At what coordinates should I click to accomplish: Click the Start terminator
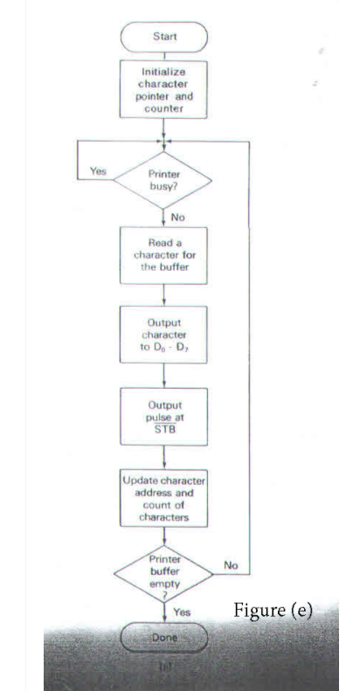[163, 38]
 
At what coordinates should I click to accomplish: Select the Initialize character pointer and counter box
[163, 87]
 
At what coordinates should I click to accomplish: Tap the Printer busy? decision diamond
[163, 179]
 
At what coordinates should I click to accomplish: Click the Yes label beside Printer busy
[98, 172]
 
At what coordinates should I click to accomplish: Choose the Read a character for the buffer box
[163, 254]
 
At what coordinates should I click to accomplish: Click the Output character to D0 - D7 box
[163, 333]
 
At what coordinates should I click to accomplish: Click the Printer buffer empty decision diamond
[163, 572]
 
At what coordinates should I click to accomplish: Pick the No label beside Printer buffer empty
[231, 566]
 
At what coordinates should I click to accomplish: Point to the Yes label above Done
[182, 612]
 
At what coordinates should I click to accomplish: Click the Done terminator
[163, 637]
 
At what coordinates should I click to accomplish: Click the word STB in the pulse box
[163, 428]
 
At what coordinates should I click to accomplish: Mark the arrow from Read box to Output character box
[163, 294]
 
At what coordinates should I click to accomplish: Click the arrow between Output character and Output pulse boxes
[163, 373]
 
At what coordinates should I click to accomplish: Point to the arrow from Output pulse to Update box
[163, 456]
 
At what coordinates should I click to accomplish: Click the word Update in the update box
[140, 481]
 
